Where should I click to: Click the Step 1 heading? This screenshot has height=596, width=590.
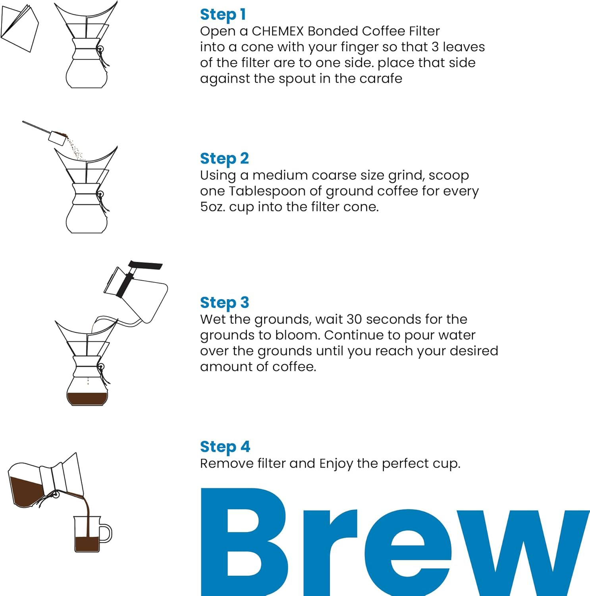coord(223,15)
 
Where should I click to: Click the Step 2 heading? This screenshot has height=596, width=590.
coord(224,159)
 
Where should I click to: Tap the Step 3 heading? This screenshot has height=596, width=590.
coord(224,302)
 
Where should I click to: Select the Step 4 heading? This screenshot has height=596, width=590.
coord(225,447)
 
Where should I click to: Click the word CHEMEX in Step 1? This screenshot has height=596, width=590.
coord(278,31)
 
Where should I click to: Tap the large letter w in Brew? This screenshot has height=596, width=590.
coord(524,552)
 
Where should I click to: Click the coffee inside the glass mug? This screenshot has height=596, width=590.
coord(87,544)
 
